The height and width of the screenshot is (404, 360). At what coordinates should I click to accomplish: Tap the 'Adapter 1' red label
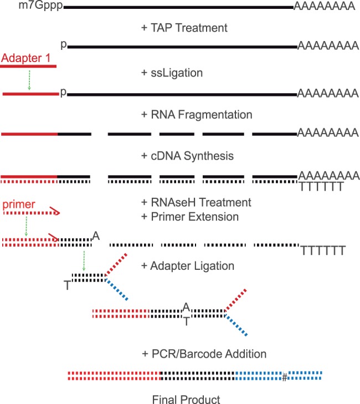[x=26, y=57]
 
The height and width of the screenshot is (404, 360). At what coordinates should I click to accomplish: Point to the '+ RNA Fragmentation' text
[x=197, y=114]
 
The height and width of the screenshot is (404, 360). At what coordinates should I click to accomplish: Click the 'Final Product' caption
[x=179, y=398]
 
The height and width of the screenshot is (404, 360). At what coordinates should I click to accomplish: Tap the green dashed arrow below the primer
[x=25, y=226]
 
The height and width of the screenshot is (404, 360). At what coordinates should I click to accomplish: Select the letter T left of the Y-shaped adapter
[x=67, y=285]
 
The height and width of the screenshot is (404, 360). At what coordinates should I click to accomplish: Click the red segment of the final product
[x=114, y=375]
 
